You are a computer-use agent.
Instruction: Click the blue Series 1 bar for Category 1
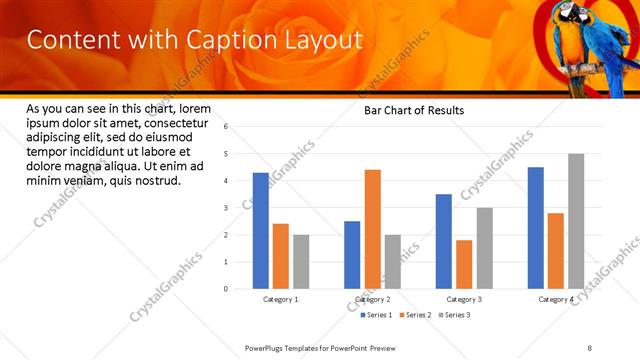tap(261, 231)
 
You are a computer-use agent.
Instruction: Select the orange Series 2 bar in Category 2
tap(372, 229)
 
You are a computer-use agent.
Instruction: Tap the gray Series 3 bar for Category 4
tap(576, 221)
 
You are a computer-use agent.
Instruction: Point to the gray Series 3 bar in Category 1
tap(301, 262)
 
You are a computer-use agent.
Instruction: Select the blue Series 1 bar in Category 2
tap(352, 255)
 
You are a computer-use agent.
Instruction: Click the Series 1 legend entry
tap(378, 315)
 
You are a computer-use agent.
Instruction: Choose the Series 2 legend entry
tap(416, 315)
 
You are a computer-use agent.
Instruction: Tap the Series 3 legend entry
tap(454, 315)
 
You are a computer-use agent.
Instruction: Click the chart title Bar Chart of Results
tap(413, 111)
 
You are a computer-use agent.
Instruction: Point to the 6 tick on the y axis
tap(226, 127)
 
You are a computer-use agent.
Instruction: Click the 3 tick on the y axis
tap(226, 208)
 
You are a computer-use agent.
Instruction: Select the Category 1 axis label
tap(281, 299)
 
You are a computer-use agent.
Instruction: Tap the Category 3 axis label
tap(464, 299)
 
